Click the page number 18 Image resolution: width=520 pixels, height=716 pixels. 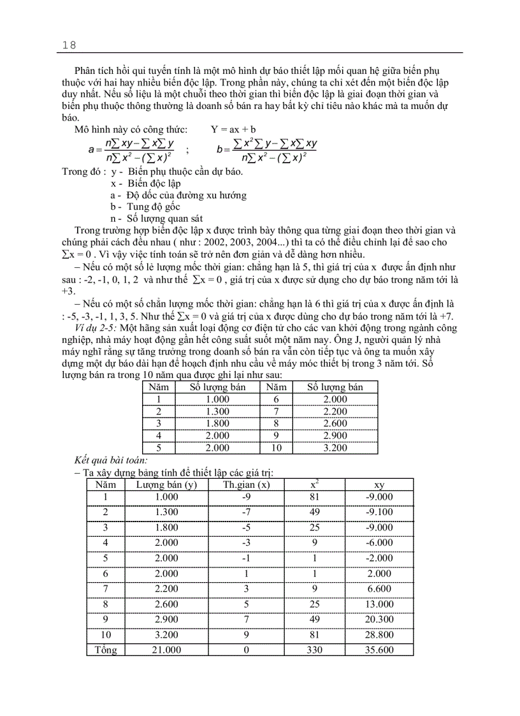click(x=69, y=45)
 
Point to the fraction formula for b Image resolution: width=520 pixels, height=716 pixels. click(x=266, y=150)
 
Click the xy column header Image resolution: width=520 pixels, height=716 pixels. click(x=379, y=485)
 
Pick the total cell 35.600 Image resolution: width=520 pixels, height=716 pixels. click(x=379, y=650)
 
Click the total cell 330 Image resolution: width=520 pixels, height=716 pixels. click(x=314, y=650)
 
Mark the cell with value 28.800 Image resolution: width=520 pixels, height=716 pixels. click(x=379, y=634)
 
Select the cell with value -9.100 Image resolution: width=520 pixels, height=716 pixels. click(x=379, y=512)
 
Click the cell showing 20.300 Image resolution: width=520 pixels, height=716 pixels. click(x=379, y=619)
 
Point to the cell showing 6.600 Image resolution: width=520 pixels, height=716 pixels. click(x=379, y=588)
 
